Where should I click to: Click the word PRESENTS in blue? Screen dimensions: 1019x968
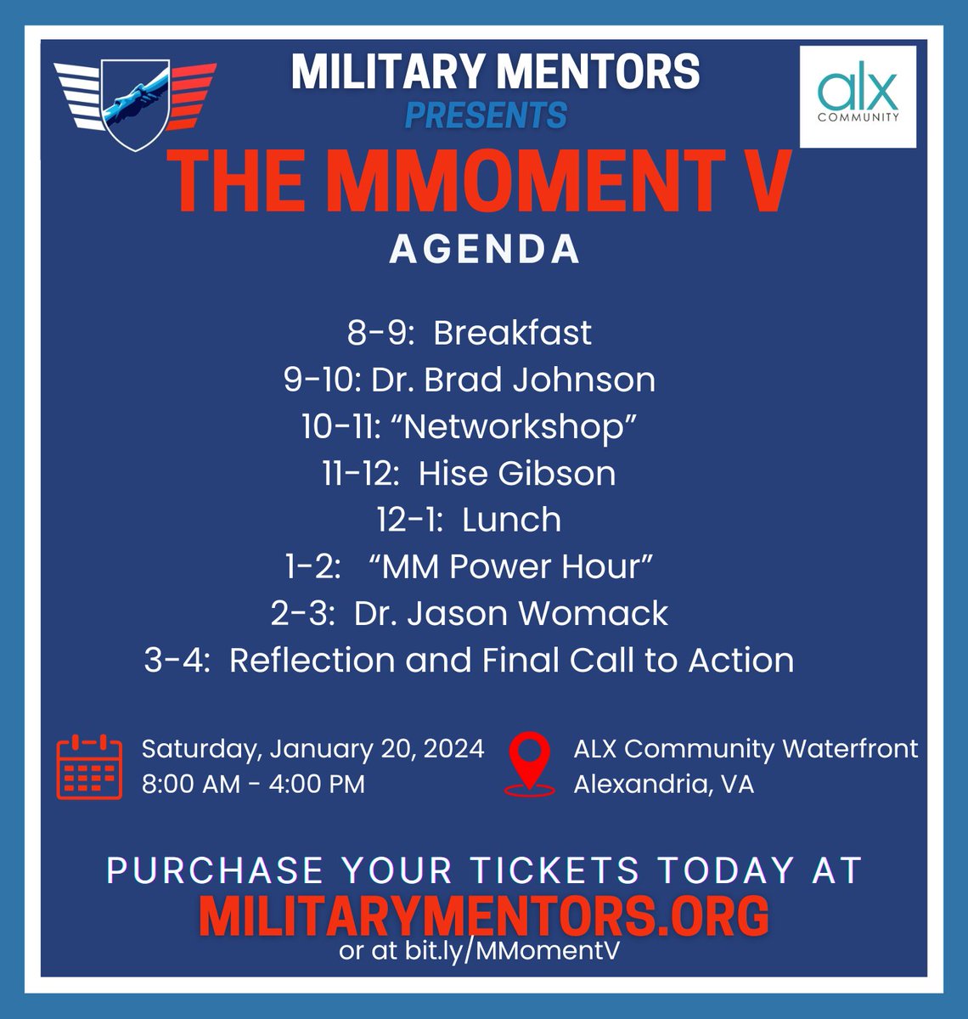click(486, 115)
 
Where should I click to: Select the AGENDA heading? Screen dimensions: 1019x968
click(485, 250)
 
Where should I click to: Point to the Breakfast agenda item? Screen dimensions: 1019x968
click(512, 333)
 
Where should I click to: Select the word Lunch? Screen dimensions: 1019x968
click(511, 520)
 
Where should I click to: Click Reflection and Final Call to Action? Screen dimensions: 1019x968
click(511, 660)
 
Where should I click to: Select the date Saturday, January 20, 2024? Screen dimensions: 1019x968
click(312, 749)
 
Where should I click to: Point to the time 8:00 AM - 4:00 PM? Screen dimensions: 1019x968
click(253, 784)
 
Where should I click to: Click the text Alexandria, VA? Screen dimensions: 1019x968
click(663, 784)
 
